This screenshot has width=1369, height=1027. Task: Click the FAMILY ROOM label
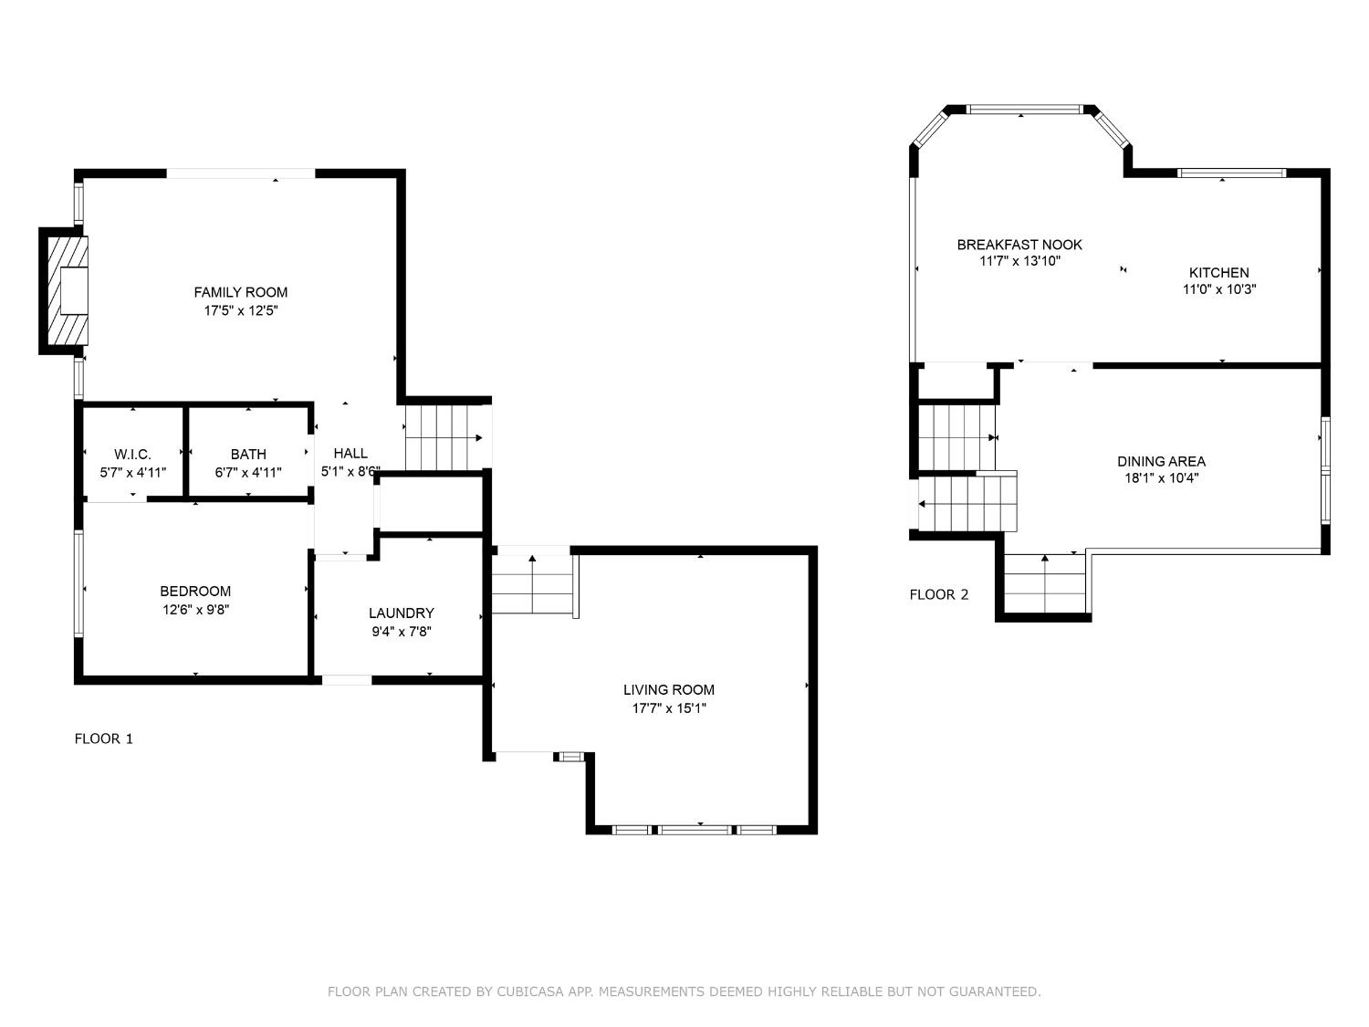click(x=241, y=292)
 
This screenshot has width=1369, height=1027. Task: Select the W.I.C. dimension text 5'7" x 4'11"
click(x=133, y=473)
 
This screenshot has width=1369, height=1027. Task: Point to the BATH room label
click(x=248, y=455)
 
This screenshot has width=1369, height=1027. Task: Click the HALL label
click(x=350, y=454)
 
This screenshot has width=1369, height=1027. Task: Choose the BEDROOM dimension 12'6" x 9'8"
click(x=196, y=610)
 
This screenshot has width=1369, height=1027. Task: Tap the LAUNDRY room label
click(x=401, y=613)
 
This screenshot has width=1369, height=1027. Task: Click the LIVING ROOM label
click(x=669, y=689)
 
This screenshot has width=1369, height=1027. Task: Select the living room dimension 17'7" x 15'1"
click(x=669, y=708)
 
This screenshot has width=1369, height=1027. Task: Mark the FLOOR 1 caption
click(x=103, y=739)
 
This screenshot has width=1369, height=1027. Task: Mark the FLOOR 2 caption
click(x=938, y=595)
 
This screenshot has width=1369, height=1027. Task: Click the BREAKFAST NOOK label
click(x=1019, y=245)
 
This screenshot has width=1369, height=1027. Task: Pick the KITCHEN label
click(x=1218, y=272)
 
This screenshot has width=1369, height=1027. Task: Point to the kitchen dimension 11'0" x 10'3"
click(x=1218, y=289)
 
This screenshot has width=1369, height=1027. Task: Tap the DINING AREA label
click(x=1161, y=461)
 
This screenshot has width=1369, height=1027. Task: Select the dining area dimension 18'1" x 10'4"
click(x=1161, y=478)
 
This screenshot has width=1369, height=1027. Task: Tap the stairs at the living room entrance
click(x=533, y=584)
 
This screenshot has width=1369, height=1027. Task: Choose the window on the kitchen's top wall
click(x=1232, y=173)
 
